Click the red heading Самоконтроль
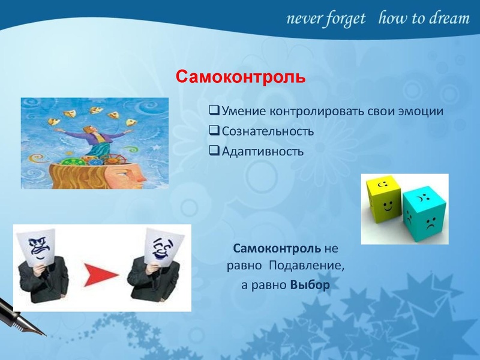coord(240,77)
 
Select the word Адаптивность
coord(263,151)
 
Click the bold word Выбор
coord(310,285)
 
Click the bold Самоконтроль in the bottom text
coord(277,248)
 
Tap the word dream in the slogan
coord(448,19)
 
